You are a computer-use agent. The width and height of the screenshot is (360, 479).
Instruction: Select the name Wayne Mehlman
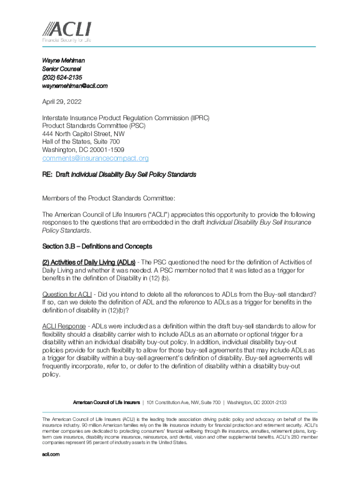(64, 60)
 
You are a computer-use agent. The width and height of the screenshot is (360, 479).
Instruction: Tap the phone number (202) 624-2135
(62, 77)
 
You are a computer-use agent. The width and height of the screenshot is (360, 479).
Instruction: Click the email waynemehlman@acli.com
(75, 86)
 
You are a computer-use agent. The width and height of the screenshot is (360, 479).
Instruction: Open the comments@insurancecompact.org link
(95, 158)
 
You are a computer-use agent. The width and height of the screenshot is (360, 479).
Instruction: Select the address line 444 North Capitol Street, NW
(84, 133)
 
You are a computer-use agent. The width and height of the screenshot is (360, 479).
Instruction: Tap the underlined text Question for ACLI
(67, 294)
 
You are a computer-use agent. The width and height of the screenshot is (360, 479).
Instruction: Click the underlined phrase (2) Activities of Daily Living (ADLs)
(89, 262)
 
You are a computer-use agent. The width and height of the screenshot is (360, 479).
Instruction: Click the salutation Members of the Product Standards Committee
(109, 198)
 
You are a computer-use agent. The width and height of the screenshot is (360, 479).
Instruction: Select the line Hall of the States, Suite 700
(81, 141)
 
